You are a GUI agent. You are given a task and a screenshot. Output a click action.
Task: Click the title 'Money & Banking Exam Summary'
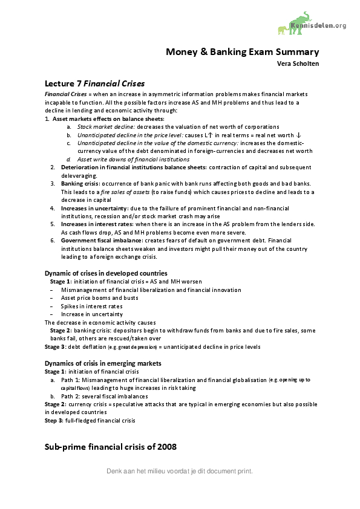pyautogui.click(x=243, y=52)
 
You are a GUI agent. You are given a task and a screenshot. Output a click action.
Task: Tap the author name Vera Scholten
pyautogui.click(x=298, y=63)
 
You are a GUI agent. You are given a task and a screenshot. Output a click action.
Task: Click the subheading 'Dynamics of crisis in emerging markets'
pyautogui.click(x=103, y=363)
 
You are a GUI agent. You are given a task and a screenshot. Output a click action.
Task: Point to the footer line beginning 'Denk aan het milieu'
pyautogui.click(x=179, y=471)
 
